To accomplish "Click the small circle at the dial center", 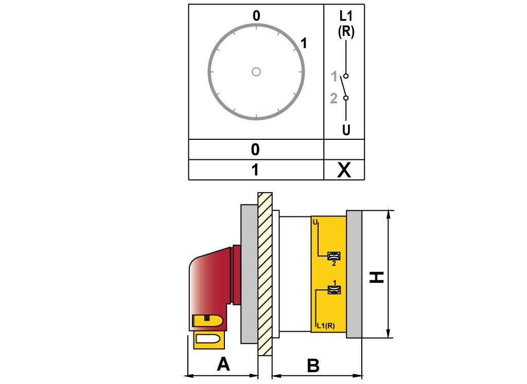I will (x=256, y=72).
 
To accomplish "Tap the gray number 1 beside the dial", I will (x=334, y=77).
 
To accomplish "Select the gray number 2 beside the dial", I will (x=333, y=98).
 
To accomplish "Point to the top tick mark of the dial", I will (x=256, y=26).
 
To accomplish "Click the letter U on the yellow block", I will (x=315, y=222).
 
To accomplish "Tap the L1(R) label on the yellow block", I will (x=326, y=325).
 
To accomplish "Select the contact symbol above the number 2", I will (x=334, y=255).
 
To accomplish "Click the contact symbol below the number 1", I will (x=335, y=290).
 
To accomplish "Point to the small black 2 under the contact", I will (x=334, y=264).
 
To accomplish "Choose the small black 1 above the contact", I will (x=335, y=283).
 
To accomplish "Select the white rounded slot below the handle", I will (x=208, y=339).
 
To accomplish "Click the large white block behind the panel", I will (x=294, y=273).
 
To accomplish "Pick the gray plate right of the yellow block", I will (x=354, y=273).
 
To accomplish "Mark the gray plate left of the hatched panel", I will (x=249, y=273).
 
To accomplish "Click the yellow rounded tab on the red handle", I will (x=207, y=321).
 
